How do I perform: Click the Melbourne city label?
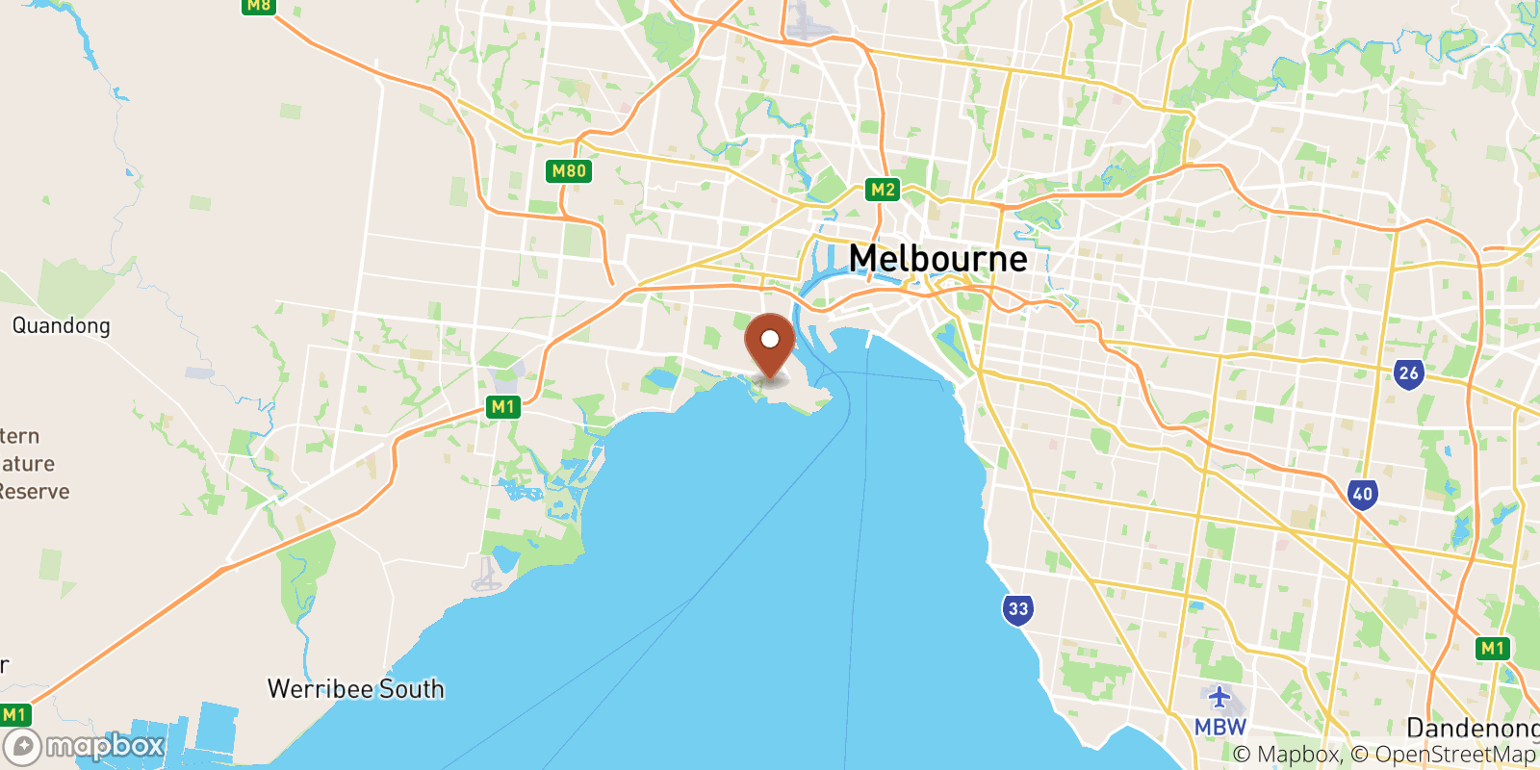pos(937,259)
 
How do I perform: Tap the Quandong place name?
pos(61,325)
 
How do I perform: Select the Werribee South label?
pos(355,689)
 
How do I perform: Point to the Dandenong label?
pos(1472,728)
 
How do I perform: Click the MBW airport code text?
pos(1219,727)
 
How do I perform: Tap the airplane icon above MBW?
pos(1219,697)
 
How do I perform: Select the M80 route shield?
pos(568,171)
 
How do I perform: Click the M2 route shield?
pos(883,190)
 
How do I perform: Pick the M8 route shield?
pos(259,6)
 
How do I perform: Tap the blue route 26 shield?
pos(1408,373)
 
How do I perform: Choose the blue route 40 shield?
pos(1362,495)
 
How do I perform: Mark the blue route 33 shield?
pos(1018,608)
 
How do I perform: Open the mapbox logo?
pos(85,746)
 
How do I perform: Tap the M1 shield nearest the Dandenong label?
pos(1492,648)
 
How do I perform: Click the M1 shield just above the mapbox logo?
pos(14,714)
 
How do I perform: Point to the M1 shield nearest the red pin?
pos(502,407)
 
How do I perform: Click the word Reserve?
pos(35,492)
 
